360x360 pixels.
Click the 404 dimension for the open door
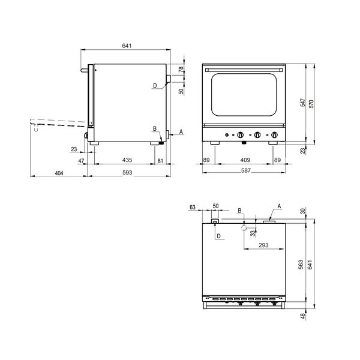tap(59, 173)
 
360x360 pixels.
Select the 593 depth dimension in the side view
tap(127, 172)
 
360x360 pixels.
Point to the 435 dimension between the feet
tap(127, 160)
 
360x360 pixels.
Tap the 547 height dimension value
tap(303, 103)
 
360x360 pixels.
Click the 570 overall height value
tap(311, 104)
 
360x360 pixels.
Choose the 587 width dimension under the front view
tap(246, 170)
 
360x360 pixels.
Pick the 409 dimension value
tap(245, 160)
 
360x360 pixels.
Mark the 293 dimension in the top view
tap(263, 245)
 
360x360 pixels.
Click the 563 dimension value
tap(301, 265)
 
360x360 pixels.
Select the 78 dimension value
tap(181, 70)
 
